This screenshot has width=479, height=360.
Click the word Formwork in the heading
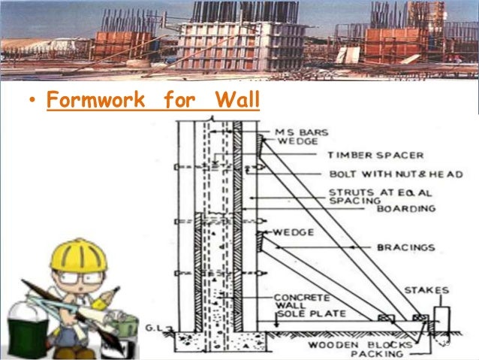coord(95,100)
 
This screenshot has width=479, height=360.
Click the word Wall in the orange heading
coord(236,100)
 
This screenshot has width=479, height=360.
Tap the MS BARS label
coord(297,132)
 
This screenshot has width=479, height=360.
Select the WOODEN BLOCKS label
coord(348,344)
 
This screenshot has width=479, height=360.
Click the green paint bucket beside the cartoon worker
coord(22,323)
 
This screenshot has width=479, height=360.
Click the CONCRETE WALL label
coord(293,300)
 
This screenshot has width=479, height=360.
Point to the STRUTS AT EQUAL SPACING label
coord(367,197)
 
